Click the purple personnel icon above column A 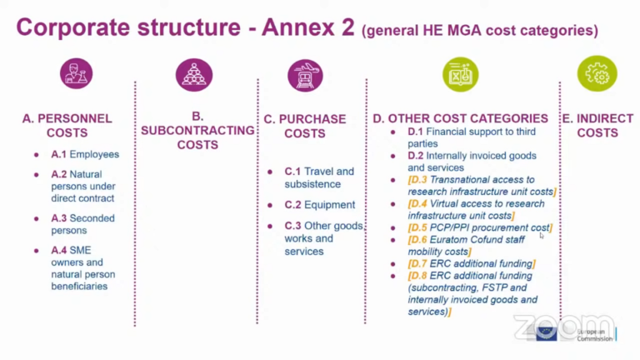pyautogui.click(x=77, y=73)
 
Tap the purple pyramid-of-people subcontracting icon pyautogui.click(x=194, y=73)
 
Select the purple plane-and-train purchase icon pyautogui.click(x=305, y=74)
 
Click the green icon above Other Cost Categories pyautogui.click(x=461, y=73)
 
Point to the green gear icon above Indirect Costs pyautogui.click(x=597, y=73)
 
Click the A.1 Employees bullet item pyautogui.click(x=84, y=154)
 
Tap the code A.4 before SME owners pyautogui.click(x=58, y=250)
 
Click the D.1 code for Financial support pyautogui.click(x=416, y=132)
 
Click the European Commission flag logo pyautogui.click(x=547, y=333)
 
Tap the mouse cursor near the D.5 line pyautogui.click(x=542, y=236)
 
